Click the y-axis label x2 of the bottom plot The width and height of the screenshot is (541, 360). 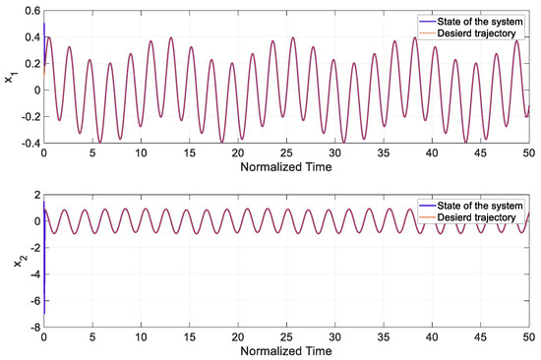[11, 260]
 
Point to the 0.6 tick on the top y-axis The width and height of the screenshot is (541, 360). [30, 10]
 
